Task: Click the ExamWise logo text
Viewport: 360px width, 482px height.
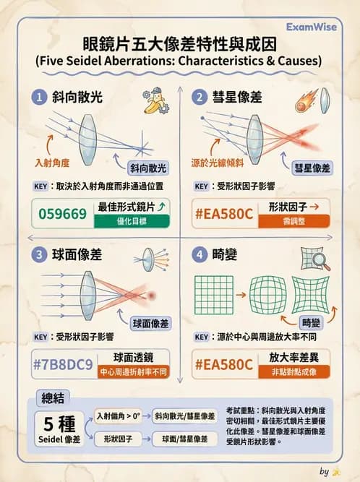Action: tap(311, 27)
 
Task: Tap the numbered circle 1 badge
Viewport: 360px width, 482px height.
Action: tap(39, 97)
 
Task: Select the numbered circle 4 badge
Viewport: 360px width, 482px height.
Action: tap(200, 254)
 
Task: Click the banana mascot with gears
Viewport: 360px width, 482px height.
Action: tap(156, 100)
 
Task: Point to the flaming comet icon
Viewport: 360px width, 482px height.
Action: tap(307, 101)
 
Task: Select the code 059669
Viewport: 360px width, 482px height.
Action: tap(63, 214)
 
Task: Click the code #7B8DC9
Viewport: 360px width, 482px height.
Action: tap(63, 365)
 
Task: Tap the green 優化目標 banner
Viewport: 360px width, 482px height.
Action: tap(132, 221)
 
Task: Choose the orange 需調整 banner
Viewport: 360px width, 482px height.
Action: tap(294, 221)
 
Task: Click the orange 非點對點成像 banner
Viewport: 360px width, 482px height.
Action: tap(294, 372)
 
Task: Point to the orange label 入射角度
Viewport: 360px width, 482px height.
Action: tap(52, 163)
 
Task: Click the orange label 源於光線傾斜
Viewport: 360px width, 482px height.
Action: tap(218, 163)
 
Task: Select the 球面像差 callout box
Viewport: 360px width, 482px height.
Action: tap(150, 324)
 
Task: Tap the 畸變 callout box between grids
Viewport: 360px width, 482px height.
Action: tap(311, 323)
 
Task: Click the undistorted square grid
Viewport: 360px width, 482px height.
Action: tap(214, 295)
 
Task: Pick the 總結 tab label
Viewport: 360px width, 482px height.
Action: tap(53, 398)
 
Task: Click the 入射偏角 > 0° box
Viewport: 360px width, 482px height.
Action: tap(119, 416)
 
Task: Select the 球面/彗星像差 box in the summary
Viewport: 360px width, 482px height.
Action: tap(185, 439)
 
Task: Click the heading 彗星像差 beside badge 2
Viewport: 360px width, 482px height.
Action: tap(237, 97)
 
